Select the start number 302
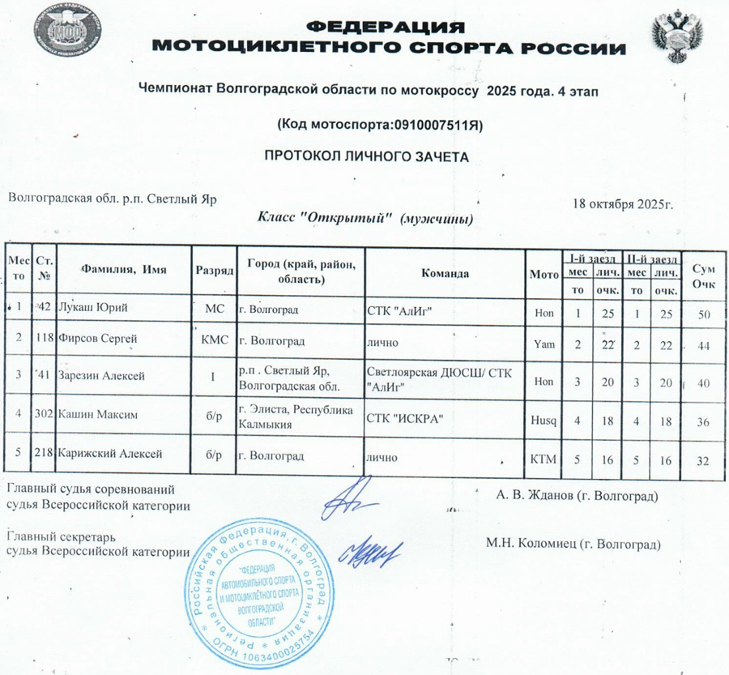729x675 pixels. pyautogui.click(x=45, y=416)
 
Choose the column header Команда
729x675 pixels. pyautogui.click(x=445, y=274)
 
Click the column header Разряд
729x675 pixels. pyautogui.click(x=214, y=274)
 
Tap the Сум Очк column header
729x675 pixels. pyautogui.click(x=703, y=273)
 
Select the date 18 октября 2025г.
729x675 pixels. pyautogui.click(x=623, y=203)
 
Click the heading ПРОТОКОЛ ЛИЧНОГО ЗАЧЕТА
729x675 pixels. pyautogui.click(x=367, y=154)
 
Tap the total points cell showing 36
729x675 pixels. pyautogui.click(x=703, y=421)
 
